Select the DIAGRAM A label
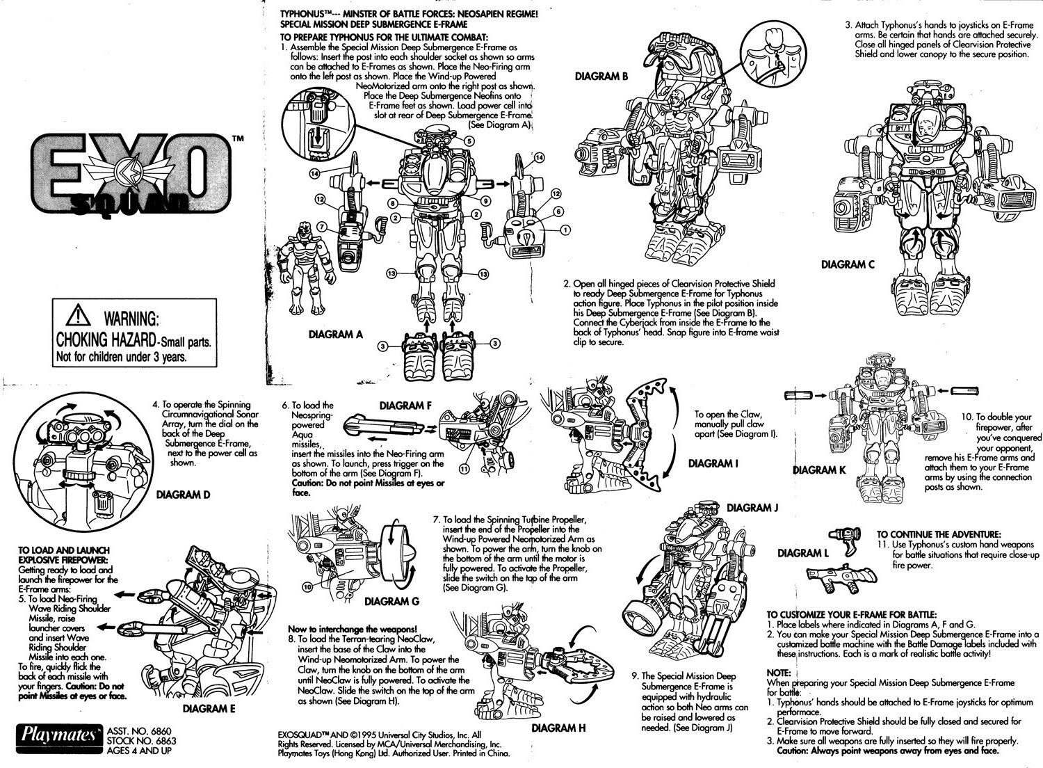(336, 335)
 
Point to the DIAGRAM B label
(602, 78)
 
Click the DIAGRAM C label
(848, 264)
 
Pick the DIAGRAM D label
(183, 495)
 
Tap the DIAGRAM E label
(209, 709)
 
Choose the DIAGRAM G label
(391, 601)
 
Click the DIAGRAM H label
(558, 728)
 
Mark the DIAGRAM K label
(820, 470)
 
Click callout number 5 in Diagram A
(470, 141)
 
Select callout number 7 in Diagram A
(321, 227)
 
